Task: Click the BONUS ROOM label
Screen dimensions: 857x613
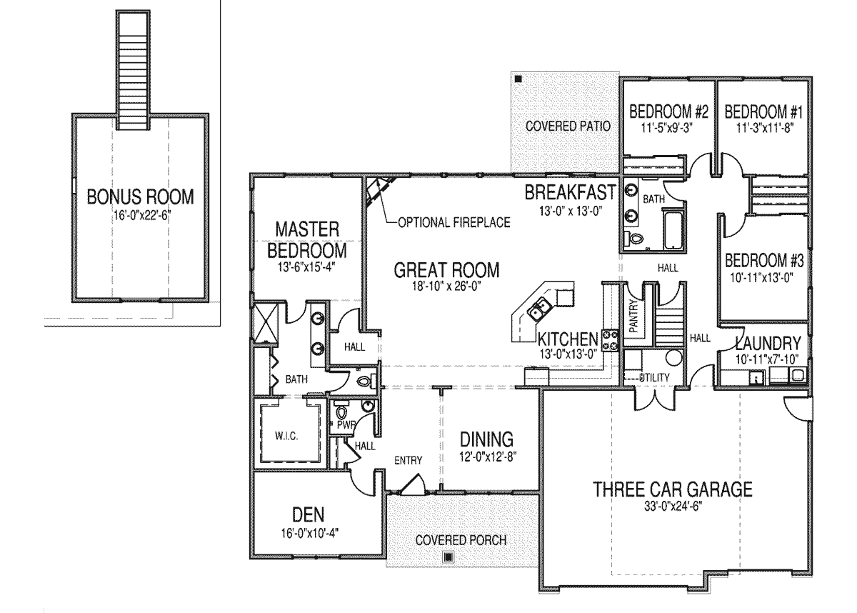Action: pyautogui.click(x=141, y=196)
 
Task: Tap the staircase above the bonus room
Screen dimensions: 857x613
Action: pyautogui.click(x=133, y=70)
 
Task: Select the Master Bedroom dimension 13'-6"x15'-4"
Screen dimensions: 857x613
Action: pyautogui.click(x=306, y=267)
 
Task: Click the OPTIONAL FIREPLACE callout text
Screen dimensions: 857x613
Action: pyautogui.click(x=454, y=222)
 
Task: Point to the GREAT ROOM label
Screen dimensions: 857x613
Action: pyautogui.click(x=446, y=270)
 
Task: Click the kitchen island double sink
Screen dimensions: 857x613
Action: pyautogui.click(x=539, y=309)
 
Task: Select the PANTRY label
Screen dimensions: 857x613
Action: pyautogui.click(x=633, y=316)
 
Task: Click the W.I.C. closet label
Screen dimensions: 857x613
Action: pyautogui.click(x=286, y=436)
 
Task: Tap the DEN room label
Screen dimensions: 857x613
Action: pyautogui.click(x=308, y=514)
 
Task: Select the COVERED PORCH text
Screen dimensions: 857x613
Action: pyautogui.click(x=461, y=540)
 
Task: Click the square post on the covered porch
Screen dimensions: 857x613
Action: pyautogui.click(x=448, y=557)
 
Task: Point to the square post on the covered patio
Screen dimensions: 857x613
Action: pyautogui.click(x=518, y=79)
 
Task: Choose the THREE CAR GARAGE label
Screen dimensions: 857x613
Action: pyautogui.click(x=673, y=489)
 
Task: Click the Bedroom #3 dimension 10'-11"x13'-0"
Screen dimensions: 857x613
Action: pyautogui.click(x=761, y=277)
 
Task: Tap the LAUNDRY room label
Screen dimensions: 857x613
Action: pyautogui.click(x=768, y=343)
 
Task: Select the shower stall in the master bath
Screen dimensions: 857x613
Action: pyautogui.click(x=266, y=322)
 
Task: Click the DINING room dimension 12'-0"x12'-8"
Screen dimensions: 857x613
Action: pyautogui.click(x=486, y=457)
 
